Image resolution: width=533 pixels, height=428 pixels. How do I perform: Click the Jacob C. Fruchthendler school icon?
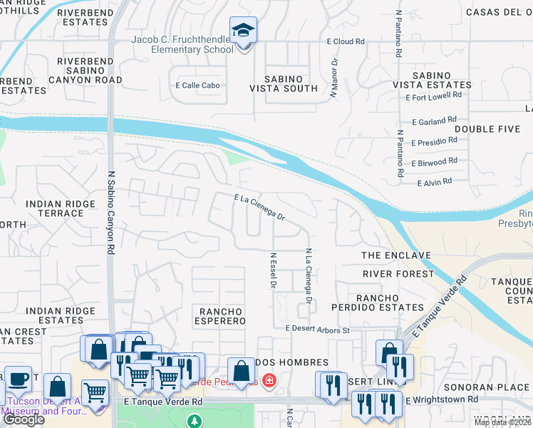[x=244, y=31]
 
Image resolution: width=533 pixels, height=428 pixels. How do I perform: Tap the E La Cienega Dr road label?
[x=260, y=207]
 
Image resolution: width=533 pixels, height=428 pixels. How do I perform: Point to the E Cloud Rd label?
[x=346, y=41]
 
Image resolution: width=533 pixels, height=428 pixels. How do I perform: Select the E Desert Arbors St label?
[x=317, y=330]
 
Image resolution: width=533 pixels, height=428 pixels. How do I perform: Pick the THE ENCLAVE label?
[x=396, y=255]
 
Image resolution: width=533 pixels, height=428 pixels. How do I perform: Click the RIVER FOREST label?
[x=398, y=274]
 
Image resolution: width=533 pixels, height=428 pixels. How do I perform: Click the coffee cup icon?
[x=18, y=379]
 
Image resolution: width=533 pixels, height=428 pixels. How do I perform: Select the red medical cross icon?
[x=269, y=380]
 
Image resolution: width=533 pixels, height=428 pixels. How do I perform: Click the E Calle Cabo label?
[x=197, y=86]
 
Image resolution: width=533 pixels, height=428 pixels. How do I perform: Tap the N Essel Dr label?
[x=273, y=270]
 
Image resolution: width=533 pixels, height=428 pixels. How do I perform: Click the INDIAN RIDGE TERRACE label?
[x=60, y=208]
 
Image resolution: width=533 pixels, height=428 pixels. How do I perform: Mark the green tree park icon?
[x=194, y=421]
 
